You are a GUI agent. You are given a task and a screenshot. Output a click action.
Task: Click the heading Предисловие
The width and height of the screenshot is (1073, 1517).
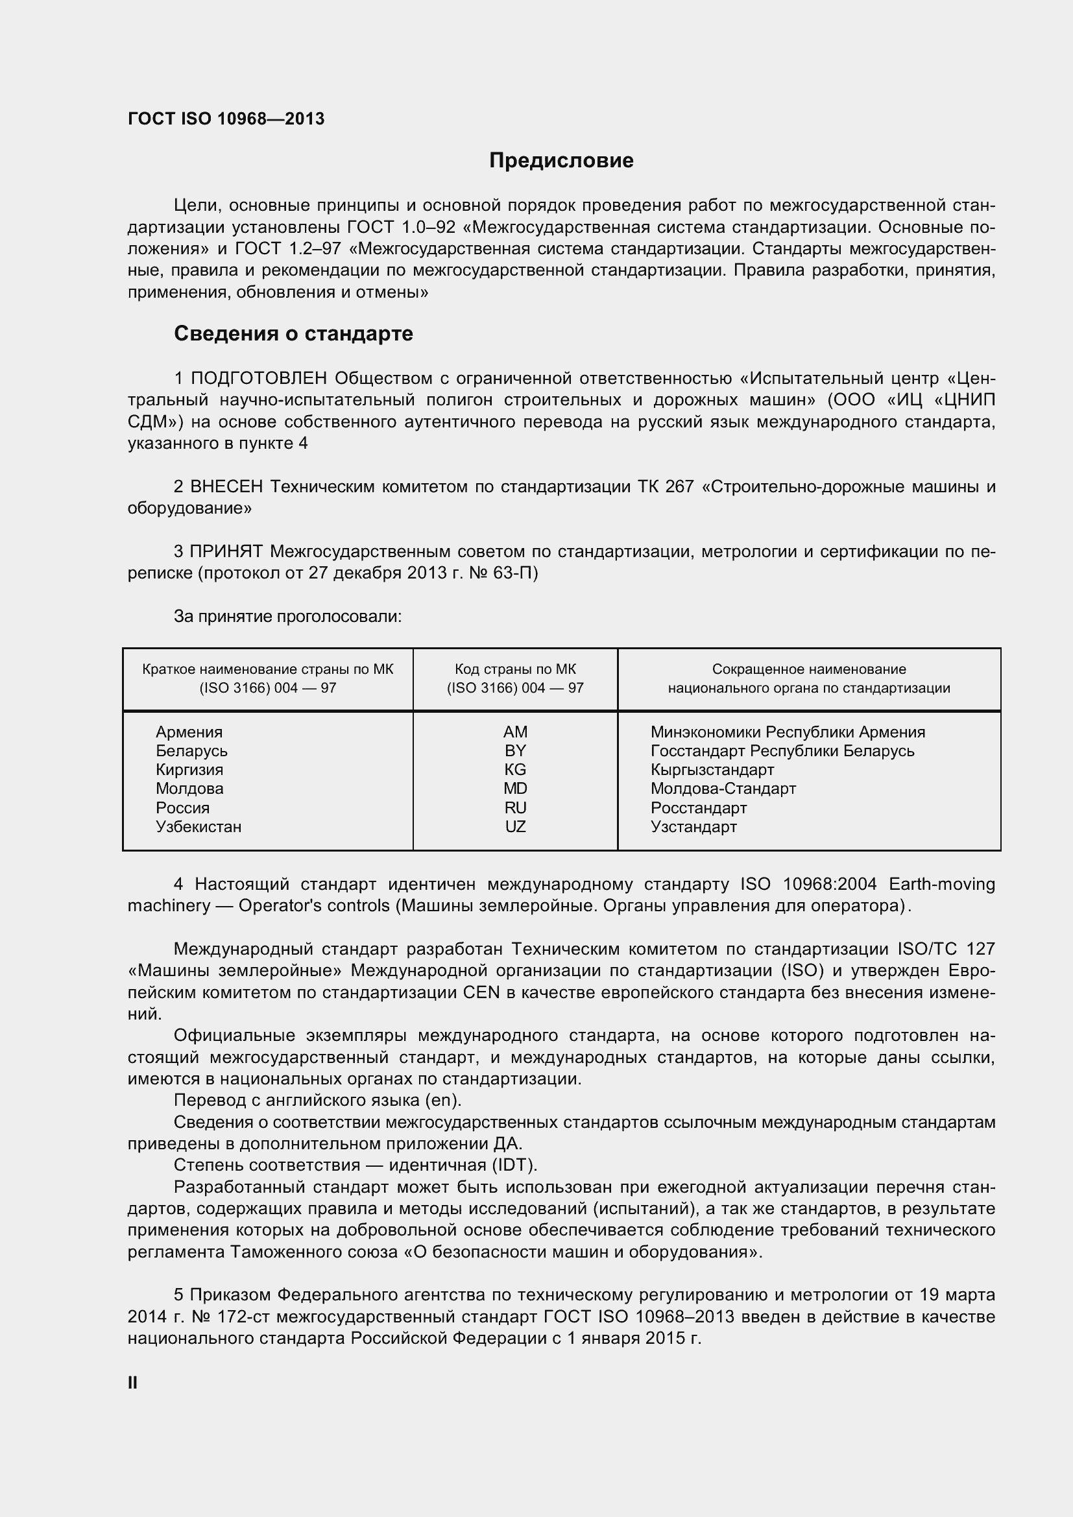(561, 161)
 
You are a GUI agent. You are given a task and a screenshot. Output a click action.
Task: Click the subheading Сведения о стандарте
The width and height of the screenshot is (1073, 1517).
(293, 333)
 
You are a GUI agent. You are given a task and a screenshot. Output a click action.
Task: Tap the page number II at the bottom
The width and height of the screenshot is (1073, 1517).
(132, 1382)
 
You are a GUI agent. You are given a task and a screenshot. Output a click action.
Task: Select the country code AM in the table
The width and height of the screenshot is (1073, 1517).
(514, 732)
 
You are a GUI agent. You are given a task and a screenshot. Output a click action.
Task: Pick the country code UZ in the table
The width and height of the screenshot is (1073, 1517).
(514, 826)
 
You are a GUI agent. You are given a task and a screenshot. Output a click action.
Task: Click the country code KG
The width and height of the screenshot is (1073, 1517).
(514, 770)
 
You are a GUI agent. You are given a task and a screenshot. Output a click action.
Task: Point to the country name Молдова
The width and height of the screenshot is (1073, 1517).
(189, 789)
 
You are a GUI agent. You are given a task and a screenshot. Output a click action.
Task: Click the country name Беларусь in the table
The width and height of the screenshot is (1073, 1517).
(191, 751)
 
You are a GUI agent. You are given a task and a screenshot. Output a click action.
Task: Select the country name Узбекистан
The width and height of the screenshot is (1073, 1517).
(199, 826)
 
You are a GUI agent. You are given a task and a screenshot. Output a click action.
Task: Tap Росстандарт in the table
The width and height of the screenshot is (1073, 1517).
(699, 808)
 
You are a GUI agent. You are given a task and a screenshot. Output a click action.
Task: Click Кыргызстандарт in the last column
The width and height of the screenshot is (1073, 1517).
(712, 770)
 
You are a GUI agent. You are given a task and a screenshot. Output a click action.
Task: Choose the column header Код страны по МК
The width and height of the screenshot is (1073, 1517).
(514, 669)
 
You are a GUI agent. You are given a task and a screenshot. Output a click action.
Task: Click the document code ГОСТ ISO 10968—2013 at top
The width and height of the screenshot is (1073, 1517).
(226, 119)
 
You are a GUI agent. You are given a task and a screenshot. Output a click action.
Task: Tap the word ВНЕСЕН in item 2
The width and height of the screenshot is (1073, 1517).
(226, 487)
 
